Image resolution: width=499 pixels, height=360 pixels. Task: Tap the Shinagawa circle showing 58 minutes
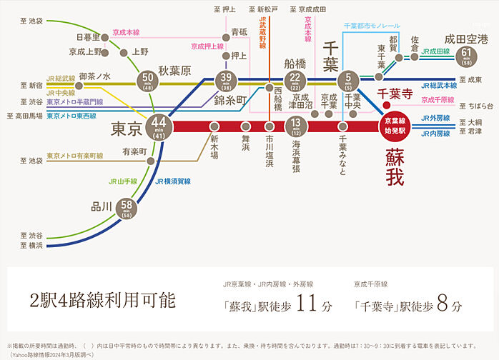tap(127, 208)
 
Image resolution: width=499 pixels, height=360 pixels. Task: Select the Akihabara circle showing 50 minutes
tap(148, 79)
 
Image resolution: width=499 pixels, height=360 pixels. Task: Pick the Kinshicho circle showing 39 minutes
tap(227, 80)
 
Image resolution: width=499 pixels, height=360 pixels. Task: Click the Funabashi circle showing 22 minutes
tap(295, 80)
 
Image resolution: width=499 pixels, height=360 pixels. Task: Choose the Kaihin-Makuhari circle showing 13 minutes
tap(295, 126)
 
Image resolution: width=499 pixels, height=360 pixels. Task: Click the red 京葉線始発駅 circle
tap(395, 126)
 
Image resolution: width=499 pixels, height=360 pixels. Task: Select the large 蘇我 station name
tap(394, 166)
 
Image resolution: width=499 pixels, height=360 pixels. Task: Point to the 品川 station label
tap(100, 207)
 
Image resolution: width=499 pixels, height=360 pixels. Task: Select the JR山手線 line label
tap(124, 181)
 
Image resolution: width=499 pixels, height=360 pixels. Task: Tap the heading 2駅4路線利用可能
tap(102, 300)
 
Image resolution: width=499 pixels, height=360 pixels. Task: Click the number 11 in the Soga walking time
tap(305, 304)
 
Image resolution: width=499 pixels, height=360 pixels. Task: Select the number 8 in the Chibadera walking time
tap(441, 304)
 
